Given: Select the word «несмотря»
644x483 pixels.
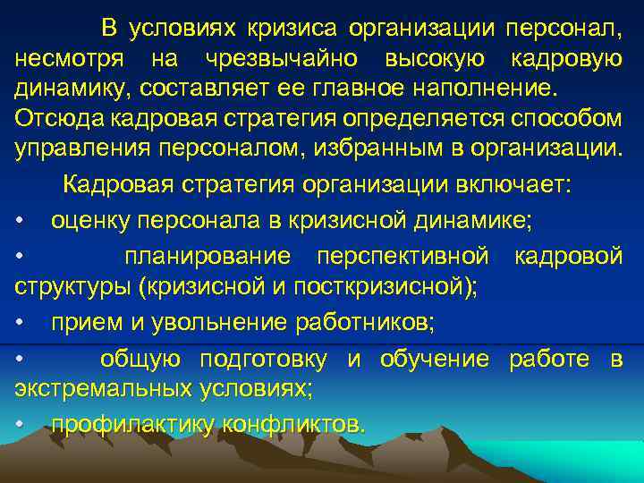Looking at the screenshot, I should pos(63,60).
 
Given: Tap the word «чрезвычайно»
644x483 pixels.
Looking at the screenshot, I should pos(272,60).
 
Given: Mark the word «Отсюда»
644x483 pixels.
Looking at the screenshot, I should pos(52,120).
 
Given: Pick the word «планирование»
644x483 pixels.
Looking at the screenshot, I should pos(208,258).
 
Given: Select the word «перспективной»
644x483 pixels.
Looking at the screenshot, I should pos(402,258).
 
